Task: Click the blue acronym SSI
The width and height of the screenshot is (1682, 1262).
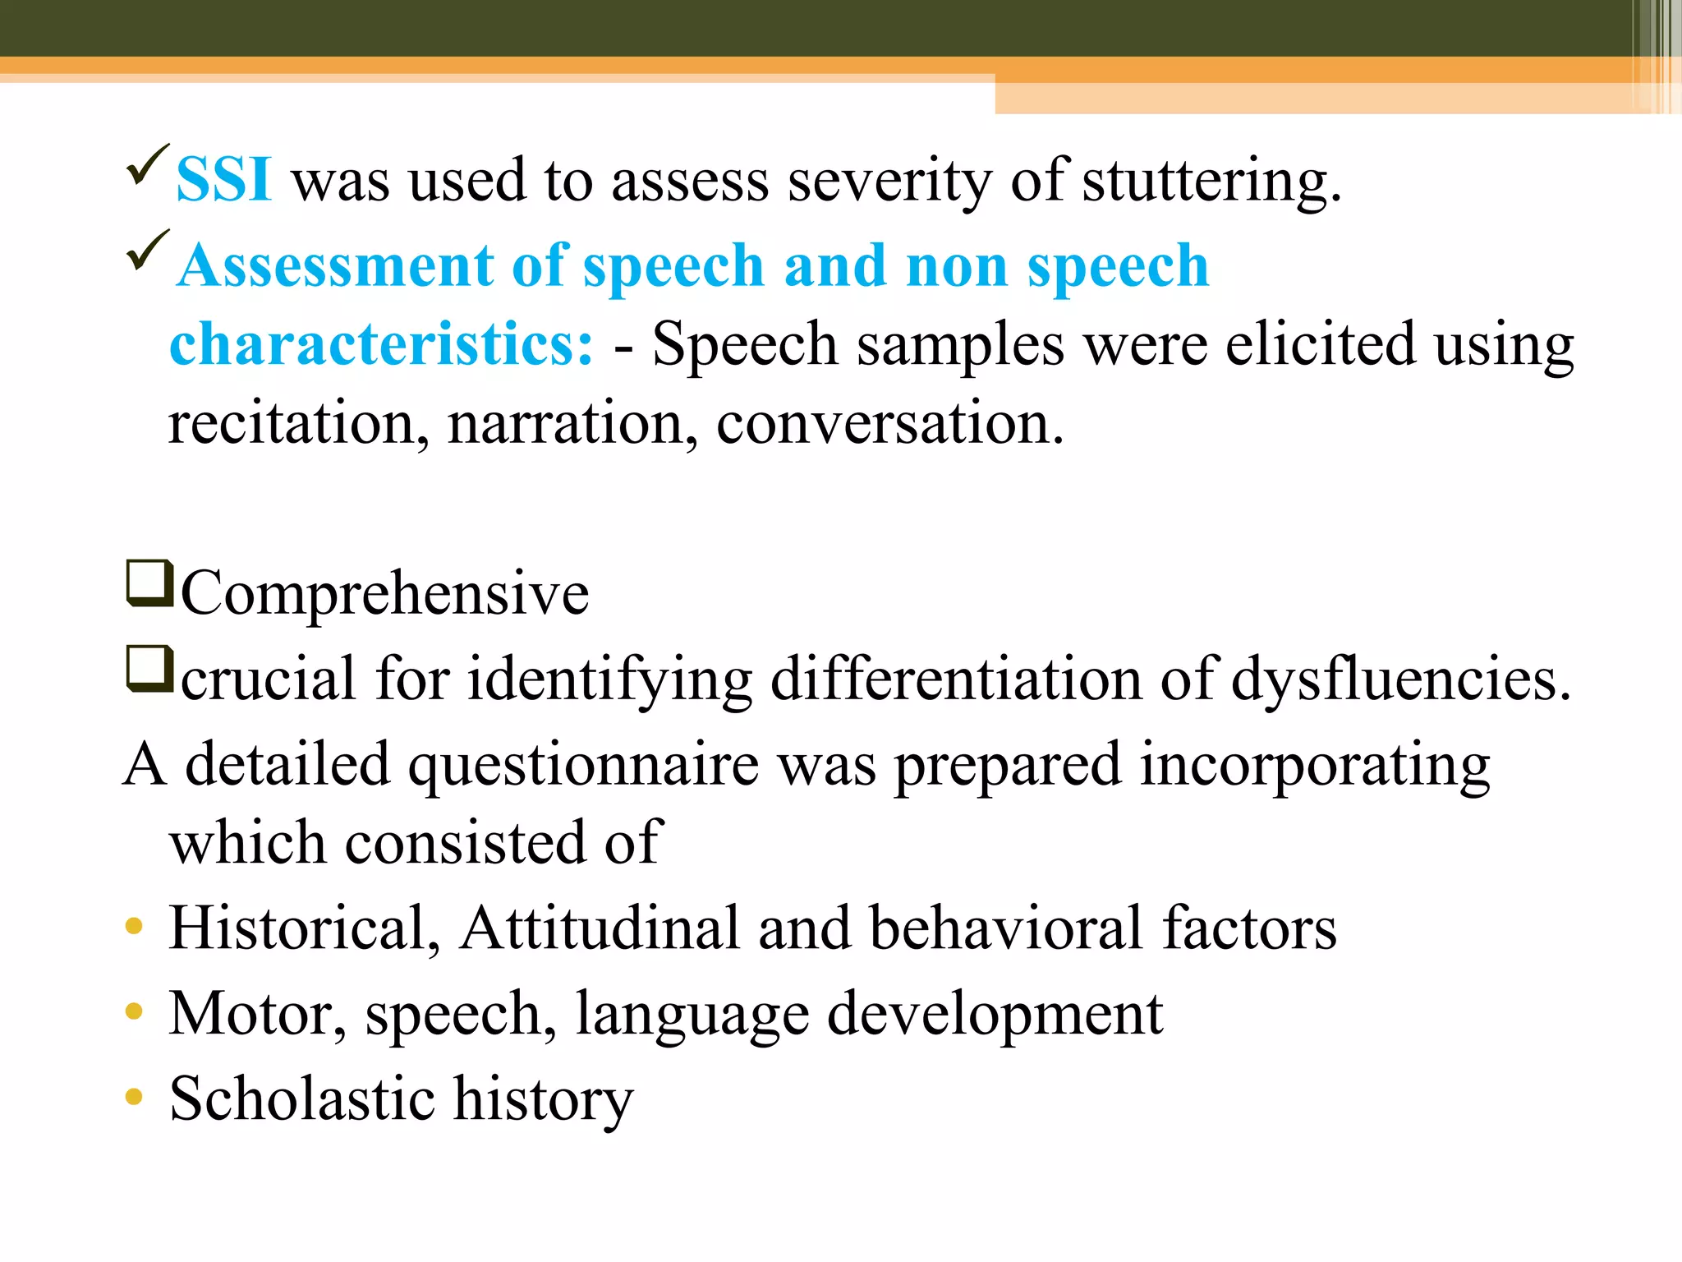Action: click(x=223, y=179)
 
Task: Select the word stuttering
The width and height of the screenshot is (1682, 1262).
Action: click(x=1211, y=181)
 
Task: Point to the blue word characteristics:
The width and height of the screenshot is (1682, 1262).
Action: click(x=381, y=344)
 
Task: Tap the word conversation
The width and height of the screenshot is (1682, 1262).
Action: click(x=889, y=423)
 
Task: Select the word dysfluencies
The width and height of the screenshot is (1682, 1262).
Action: click(x=1400, y=680)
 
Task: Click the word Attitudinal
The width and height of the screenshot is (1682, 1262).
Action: click(x=600, y=928)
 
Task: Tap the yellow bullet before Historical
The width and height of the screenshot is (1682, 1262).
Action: click(x=134, y=927)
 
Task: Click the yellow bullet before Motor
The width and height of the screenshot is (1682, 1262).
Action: click(x=134, y=1011)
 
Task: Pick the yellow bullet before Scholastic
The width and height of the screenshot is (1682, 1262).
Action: click(x=134, y=1097)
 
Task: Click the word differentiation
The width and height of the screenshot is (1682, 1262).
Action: click(x=956, y=679)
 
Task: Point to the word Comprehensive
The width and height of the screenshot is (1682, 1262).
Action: click(x=384, y=593)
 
